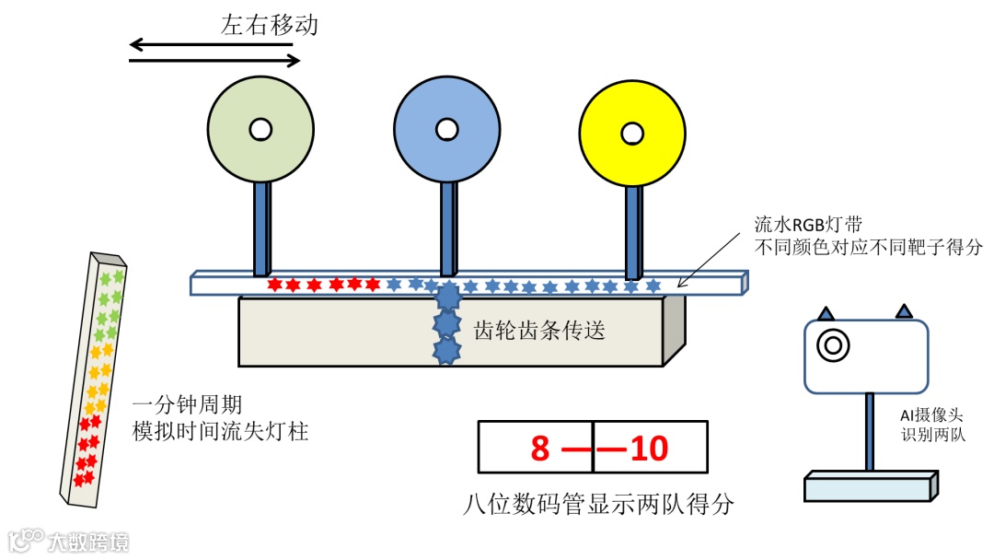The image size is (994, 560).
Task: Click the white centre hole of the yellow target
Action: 631,133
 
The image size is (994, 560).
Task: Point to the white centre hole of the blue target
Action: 446,128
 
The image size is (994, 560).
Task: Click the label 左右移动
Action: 269,25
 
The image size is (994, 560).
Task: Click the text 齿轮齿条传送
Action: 539,329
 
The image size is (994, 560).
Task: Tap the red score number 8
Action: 540,449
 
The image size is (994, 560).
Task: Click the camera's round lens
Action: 832,345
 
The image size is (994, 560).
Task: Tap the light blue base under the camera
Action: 870,486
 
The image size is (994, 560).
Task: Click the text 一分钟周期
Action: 187,405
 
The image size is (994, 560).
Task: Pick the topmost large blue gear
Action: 447,297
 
